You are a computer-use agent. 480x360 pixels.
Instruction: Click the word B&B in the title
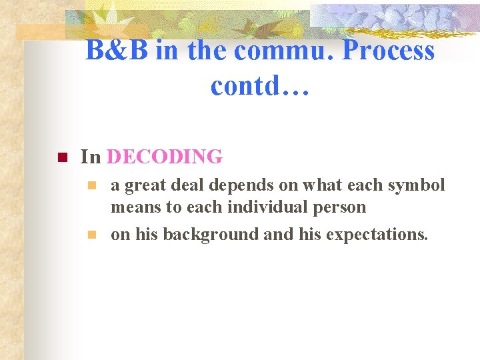117,51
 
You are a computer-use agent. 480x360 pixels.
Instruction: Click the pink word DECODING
164,157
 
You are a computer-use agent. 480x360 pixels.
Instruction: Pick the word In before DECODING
90,157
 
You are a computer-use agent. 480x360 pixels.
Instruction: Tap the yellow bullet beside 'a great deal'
93,185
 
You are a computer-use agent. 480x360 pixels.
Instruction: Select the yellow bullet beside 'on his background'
93,234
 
